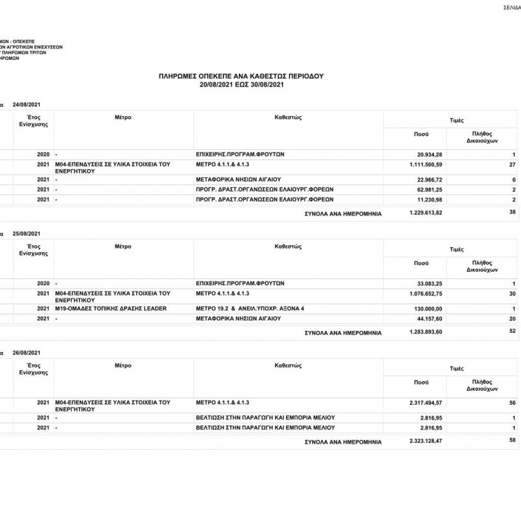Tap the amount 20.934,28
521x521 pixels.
pyautogui.click(x=430, y=155)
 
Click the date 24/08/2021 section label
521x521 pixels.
pyautogui.click(x=26, y=104)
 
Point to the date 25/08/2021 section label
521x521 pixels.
pyautogui.click(x=26, y=233)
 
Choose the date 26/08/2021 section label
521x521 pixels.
pyautogui.click(x=26, y=352)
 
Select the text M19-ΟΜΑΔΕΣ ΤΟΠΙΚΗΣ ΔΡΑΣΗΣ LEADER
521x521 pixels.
pyautogui.click(x=111, y=309)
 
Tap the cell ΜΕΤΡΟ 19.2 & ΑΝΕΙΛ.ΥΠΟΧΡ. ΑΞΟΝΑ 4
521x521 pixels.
pyautogui.click(x=250, y=309)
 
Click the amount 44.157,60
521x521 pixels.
pyautogui.click(x=430, y=318)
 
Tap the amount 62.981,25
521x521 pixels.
pyautogui.click(x=430, y=189)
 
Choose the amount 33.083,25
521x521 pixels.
pyautogui.click(x=430, y=283)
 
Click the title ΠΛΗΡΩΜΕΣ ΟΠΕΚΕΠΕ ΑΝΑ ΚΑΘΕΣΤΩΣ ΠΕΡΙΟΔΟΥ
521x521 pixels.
pyautogui.click(x=241, y=76)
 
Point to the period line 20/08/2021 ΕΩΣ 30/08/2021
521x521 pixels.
pyautogui.click(x=241, y=84)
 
